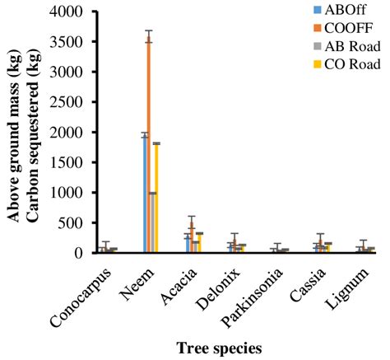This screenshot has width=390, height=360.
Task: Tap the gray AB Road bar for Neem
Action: (153, 222)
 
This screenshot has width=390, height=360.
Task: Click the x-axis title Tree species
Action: (217, 348)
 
